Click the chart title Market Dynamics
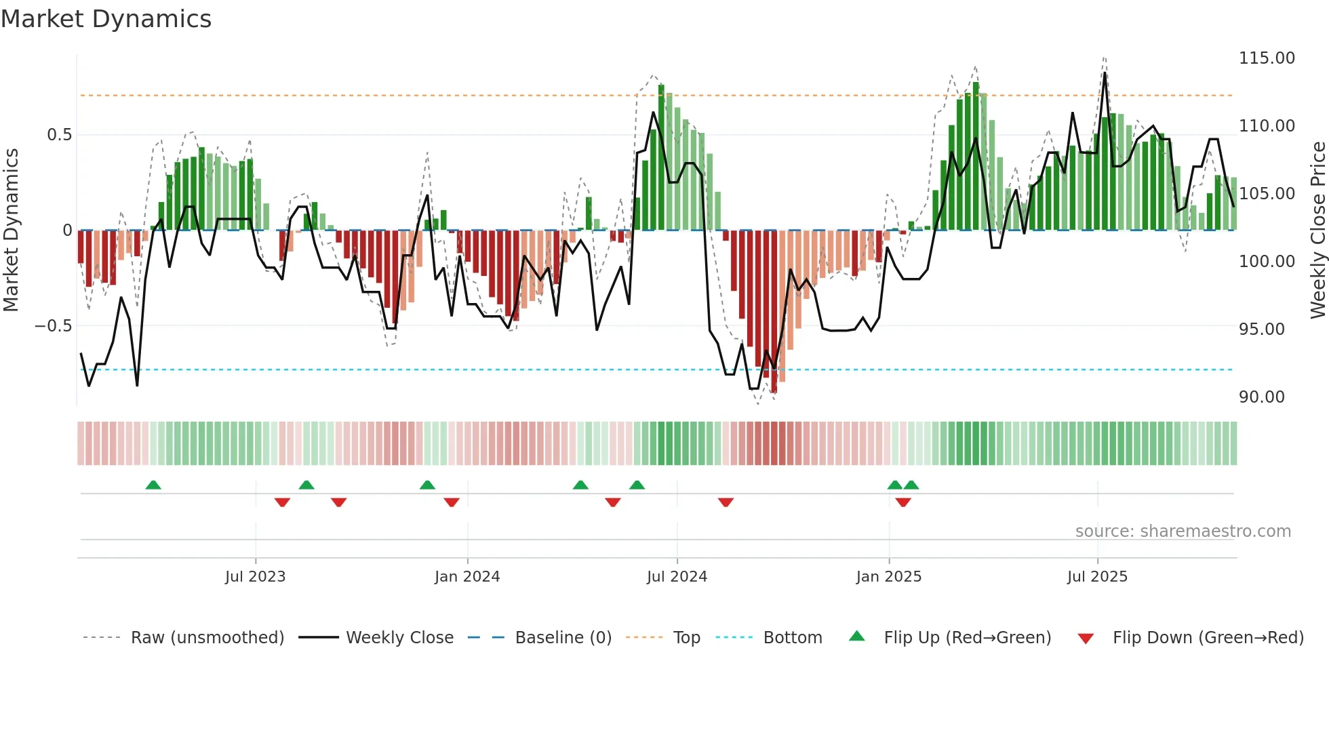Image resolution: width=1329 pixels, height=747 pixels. pos(106,19)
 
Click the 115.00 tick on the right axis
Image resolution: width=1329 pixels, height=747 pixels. pos(1267,58)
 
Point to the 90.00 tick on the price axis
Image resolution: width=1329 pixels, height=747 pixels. pos(1261,397)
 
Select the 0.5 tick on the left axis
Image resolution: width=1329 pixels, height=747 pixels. pos(59,135)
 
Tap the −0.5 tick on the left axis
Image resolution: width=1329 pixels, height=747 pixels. pos(53,326)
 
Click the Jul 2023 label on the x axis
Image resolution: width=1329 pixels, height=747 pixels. pos(255,577)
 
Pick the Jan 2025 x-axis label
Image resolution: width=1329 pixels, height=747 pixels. pos(888,577)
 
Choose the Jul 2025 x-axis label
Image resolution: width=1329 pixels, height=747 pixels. pos(1097,577)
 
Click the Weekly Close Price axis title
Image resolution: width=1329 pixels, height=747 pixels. pos(1317,230)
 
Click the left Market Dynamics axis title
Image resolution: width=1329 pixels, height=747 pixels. pos(11,230)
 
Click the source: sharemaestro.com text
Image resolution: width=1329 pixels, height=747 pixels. pos(1183,531)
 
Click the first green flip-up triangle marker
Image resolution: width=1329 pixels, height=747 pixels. pos(153,485)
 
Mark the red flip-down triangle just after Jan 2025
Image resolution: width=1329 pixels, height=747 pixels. pos(902,502)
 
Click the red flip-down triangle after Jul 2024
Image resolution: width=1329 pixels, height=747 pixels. pos(726,502)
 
